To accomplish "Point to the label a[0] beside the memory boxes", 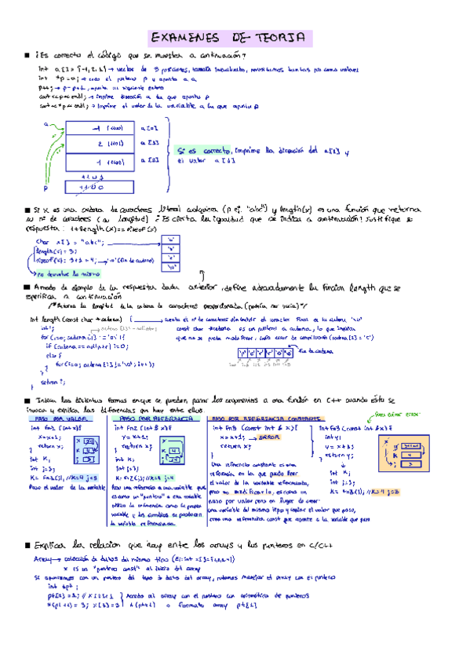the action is [150, 127].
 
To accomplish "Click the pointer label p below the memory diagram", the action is [46, 188].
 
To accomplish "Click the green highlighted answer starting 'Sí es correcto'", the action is [259, 154].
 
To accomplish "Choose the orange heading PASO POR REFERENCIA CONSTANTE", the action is [250, 419].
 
